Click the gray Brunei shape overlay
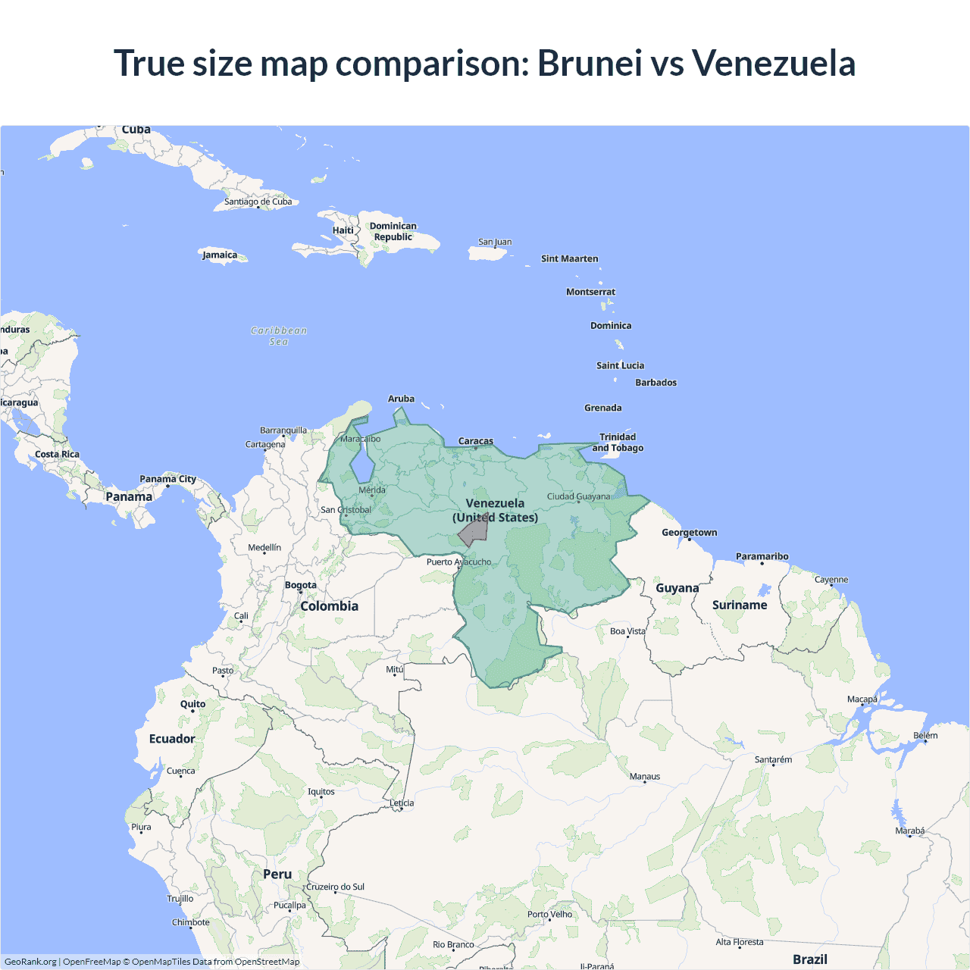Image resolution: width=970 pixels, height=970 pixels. [x=474, y=530]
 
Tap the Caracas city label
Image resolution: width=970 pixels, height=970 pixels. [x=476, y=441]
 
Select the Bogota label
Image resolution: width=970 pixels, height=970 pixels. [x=301, y=585]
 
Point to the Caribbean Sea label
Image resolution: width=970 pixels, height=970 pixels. [x=279, y=336]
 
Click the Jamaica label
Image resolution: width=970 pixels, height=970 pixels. [x=220, y=255]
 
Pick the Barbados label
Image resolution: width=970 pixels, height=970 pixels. [x=656, y=383]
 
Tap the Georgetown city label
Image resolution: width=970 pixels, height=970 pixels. [x=689, y=533]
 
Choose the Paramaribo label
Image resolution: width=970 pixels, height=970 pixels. [x=762, y=556]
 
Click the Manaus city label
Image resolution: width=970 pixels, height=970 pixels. [x=645, y=777]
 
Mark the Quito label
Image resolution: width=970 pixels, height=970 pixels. [x=192, y=704]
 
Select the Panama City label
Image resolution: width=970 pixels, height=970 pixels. [x=167, y=479]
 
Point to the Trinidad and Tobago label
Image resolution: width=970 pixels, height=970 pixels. [x=618, y=443]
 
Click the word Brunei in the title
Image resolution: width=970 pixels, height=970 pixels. [x=590, y=63]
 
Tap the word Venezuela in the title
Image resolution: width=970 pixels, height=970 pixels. [x=774, y=63]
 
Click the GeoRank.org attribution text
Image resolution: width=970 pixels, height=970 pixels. [x=30, y=962]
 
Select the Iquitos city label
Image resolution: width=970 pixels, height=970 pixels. [x=321, y=792]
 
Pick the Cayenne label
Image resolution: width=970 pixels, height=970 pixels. [x=831, y=580]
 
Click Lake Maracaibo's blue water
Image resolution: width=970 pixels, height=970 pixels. [x=361, y=463]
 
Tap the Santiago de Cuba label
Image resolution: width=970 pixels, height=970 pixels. [x=258, y=202]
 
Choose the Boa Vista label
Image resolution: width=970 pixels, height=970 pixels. [x=627, y=631]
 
